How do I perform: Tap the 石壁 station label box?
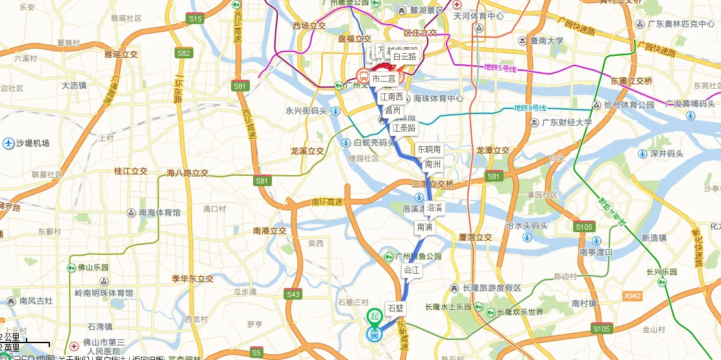click(x=395, y=307)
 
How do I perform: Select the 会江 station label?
click(x=412, y=269)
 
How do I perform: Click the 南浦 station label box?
click(x=424, y=227)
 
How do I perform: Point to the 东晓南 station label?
click(x=429, y=149)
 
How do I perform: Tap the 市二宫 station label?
click(x=384, y=78)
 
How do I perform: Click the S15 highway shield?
click(x=195, y=19)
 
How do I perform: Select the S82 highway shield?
click(x=184, y=53)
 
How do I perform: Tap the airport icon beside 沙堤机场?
click(x=8, y=143)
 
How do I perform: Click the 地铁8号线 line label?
click(x=530, y=108)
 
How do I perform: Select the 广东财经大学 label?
click(x=562, y=122)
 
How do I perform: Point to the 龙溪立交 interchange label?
click(x=307, y=150)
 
